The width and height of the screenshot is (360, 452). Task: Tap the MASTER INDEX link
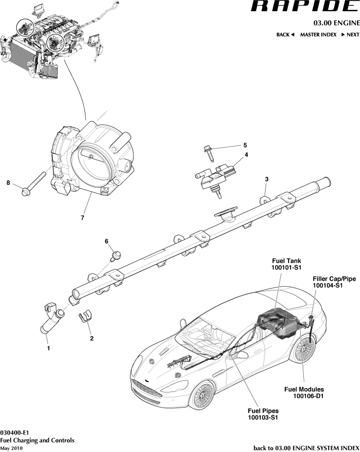pos(318,35)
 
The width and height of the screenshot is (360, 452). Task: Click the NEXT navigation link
pos(350,35)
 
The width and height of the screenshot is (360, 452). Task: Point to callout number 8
pos(8,183)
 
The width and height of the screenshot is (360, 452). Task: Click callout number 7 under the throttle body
pos(82,217)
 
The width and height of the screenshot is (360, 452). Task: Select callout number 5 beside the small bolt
pos(245,145)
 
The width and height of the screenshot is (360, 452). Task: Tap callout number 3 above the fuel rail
pos(266,179)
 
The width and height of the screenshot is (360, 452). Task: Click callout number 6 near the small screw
pos(106,241)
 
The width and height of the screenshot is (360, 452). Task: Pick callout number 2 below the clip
pos(91,338)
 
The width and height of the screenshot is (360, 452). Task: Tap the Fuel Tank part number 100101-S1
pos(287,268)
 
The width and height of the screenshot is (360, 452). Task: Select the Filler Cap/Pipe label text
pos(334,279)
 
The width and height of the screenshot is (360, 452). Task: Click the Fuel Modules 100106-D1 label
pos(305,392)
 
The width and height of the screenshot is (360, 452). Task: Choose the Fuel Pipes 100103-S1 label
pos(263,414)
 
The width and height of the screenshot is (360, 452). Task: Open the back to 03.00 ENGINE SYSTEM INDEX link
pos(306,448)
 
